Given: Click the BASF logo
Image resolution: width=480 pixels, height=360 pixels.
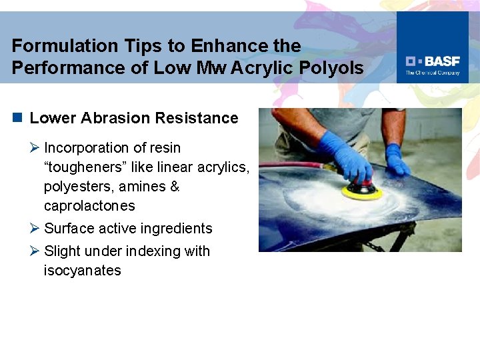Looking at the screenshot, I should point(432,61).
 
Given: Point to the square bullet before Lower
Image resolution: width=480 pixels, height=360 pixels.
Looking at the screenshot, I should point(17,118).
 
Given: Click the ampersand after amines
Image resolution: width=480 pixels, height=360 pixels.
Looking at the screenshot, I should point(175,186).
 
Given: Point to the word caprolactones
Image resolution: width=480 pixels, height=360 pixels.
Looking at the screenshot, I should point(89,205).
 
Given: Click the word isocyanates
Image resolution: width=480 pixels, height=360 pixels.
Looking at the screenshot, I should point(83,271).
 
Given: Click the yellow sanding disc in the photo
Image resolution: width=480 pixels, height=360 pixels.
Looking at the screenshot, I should point(362,191).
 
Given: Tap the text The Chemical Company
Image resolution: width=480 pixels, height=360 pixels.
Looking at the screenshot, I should point(433,73).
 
